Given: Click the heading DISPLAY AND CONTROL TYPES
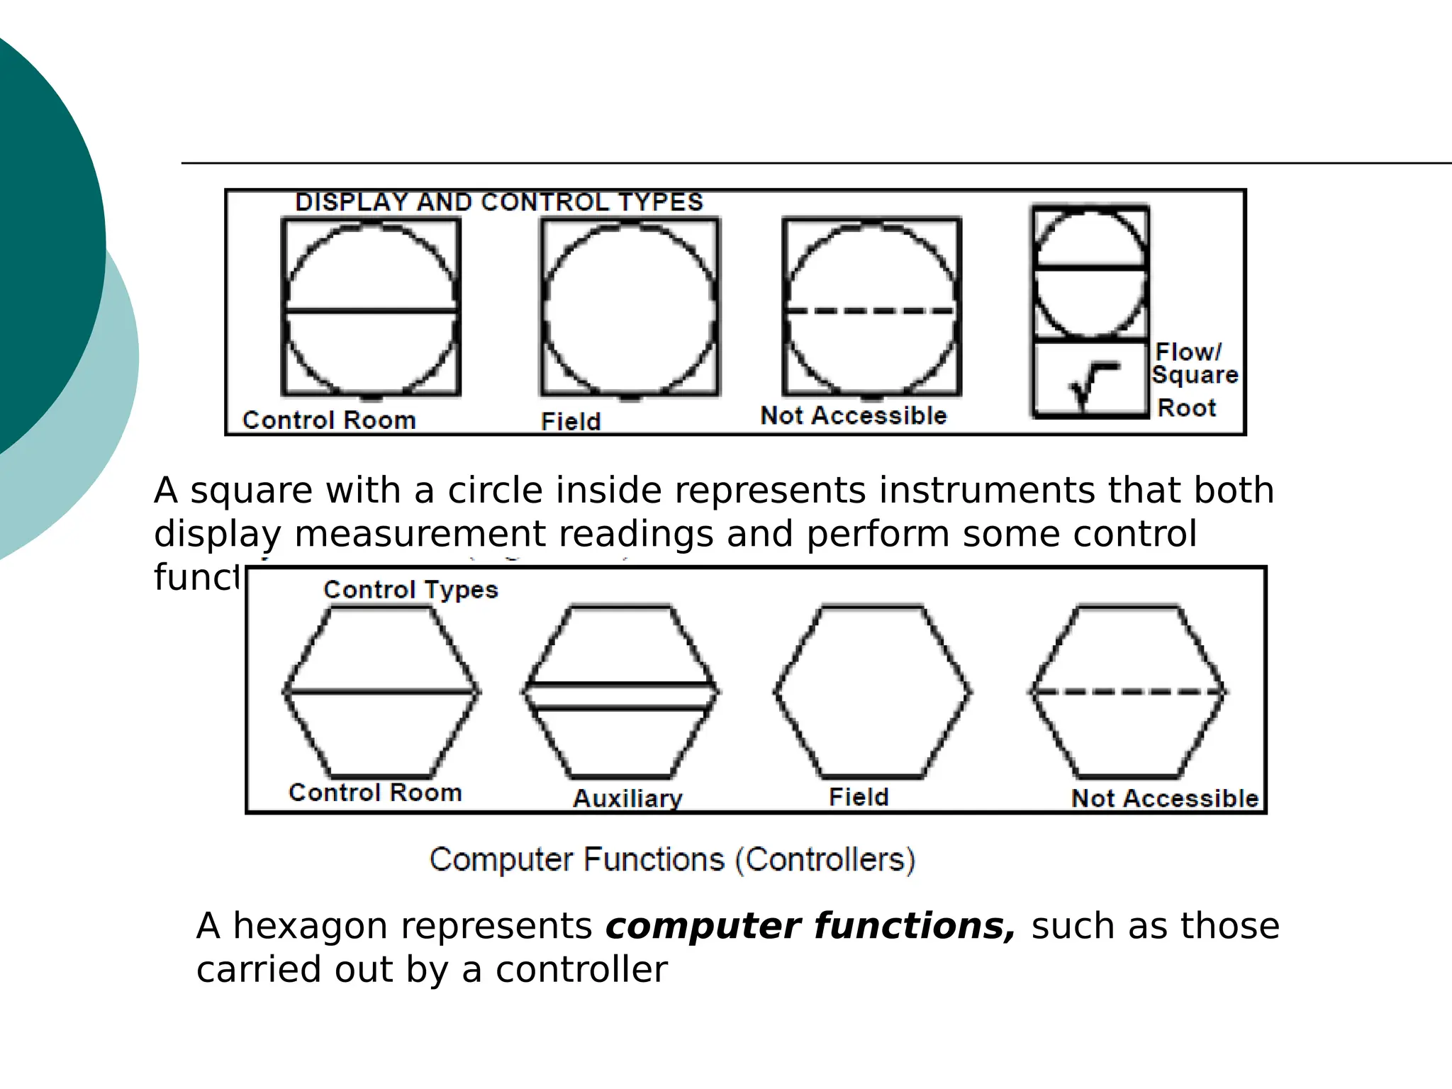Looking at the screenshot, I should pos(499,202).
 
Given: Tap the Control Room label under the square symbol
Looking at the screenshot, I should pos(329,420).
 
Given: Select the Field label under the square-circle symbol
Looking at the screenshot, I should pos(571,421).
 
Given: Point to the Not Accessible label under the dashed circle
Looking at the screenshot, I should pos(854,415).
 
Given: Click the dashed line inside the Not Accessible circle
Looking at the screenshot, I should pos(871,311).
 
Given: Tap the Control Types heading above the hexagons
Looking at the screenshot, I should pos(411,590).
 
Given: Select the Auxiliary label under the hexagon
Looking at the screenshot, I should pos(627,798).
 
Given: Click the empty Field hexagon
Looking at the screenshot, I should pos(872,691).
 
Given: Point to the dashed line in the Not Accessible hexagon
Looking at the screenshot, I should pos(1128,691).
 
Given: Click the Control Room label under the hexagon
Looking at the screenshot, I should pos(375,792).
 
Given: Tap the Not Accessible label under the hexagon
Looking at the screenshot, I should pos(1165,798).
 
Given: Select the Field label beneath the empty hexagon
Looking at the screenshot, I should pos(859,797).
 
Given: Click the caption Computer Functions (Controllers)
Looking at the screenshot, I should pos(672,859).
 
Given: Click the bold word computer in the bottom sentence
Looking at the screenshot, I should pos(702,926).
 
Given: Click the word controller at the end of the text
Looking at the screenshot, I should pos(581,969).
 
